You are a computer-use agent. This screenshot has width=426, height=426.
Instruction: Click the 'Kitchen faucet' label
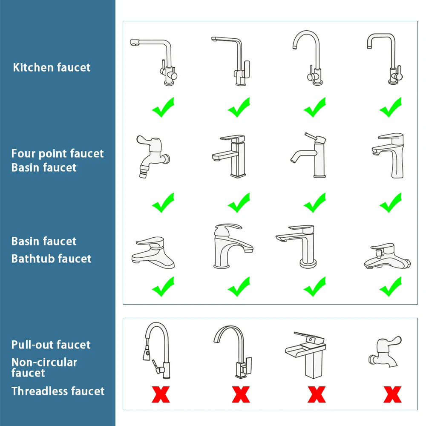pos(52,67)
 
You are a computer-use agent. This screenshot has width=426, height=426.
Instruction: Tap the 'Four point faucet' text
pos(57,153)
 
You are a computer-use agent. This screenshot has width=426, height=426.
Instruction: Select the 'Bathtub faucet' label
pos(51,259)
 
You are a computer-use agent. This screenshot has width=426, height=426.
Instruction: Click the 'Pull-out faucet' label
pos(51,345)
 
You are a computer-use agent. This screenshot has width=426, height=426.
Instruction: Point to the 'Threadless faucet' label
pos(58,391)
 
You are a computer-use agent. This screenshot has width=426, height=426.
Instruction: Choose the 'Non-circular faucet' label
pos(44,368)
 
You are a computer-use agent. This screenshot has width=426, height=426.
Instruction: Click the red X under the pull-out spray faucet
pos(161,394)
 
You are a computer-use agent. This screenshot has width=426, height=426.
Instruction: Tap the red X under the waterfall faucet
pos(317,394)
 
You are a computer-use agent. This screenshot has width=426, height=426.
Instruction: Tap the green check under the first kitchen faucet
pos(163,107)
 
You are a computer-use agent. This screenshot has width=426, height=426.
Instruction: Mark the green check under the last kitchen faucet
pos(390,107)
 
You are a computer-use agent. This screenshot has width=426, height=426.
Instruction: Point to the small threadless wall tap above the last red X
pos(385,351)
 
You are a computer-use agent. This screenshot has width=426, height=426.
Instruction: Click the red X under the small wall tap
pos(392,394)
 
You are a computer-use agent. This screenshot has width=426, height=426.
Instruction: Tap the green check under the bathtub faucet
pos(390,287)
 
